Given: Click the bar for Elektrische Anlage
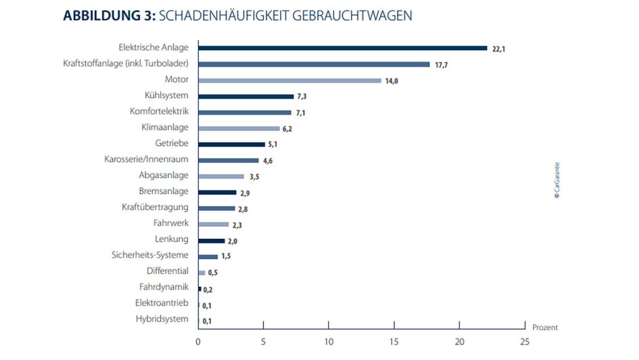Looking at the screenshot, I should (342, 48).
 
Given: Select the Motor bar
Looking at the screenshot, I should (289, 80).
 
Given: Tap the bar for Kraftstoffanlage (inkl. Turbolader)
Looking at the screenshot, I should (314, 64).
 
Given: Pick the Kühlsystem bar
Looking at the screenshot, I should (245, 96).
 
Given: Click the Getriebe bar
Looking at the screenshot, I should (231, 144).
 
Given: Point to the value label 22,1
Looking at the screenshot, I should (498, 49).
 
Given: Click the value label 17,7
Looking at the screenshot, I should (441, 65).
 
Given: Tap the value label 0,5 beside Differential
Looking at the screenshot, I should (213, 273).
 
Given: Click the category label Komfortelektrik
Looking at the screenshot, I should (159, 112).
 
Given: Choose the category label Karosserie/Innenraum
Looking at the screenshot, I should (146, 160).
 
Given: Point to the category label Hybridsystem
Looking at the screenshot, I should (162, 319).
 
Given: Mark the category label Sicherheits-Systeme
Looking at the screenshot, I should (149, 255).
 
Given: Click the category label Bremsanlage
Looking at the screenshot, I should (164, 192).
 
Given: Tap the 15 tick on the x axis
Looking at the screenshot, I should (394, 342).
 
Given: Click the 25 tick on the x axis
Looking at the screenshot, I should (525, 342).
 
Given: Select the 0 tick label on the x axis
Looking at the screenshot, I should (198, 342).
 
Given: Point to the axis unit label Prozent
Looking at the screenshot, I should (544, 328).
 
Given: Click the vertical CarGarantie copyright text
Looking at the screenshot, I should (557, 179).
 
